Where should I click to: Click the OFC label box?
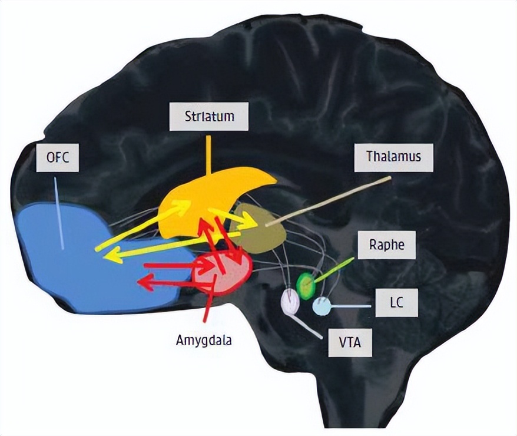57,158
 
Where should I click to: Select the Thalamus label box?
392,157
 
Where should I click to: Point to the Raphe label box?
386,245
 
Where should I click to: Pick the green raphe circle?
305,285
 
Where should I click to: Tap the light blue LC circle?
320,306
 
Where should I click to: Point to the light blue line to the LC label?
350,306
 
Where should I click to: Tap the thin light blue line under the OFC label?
59,212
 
